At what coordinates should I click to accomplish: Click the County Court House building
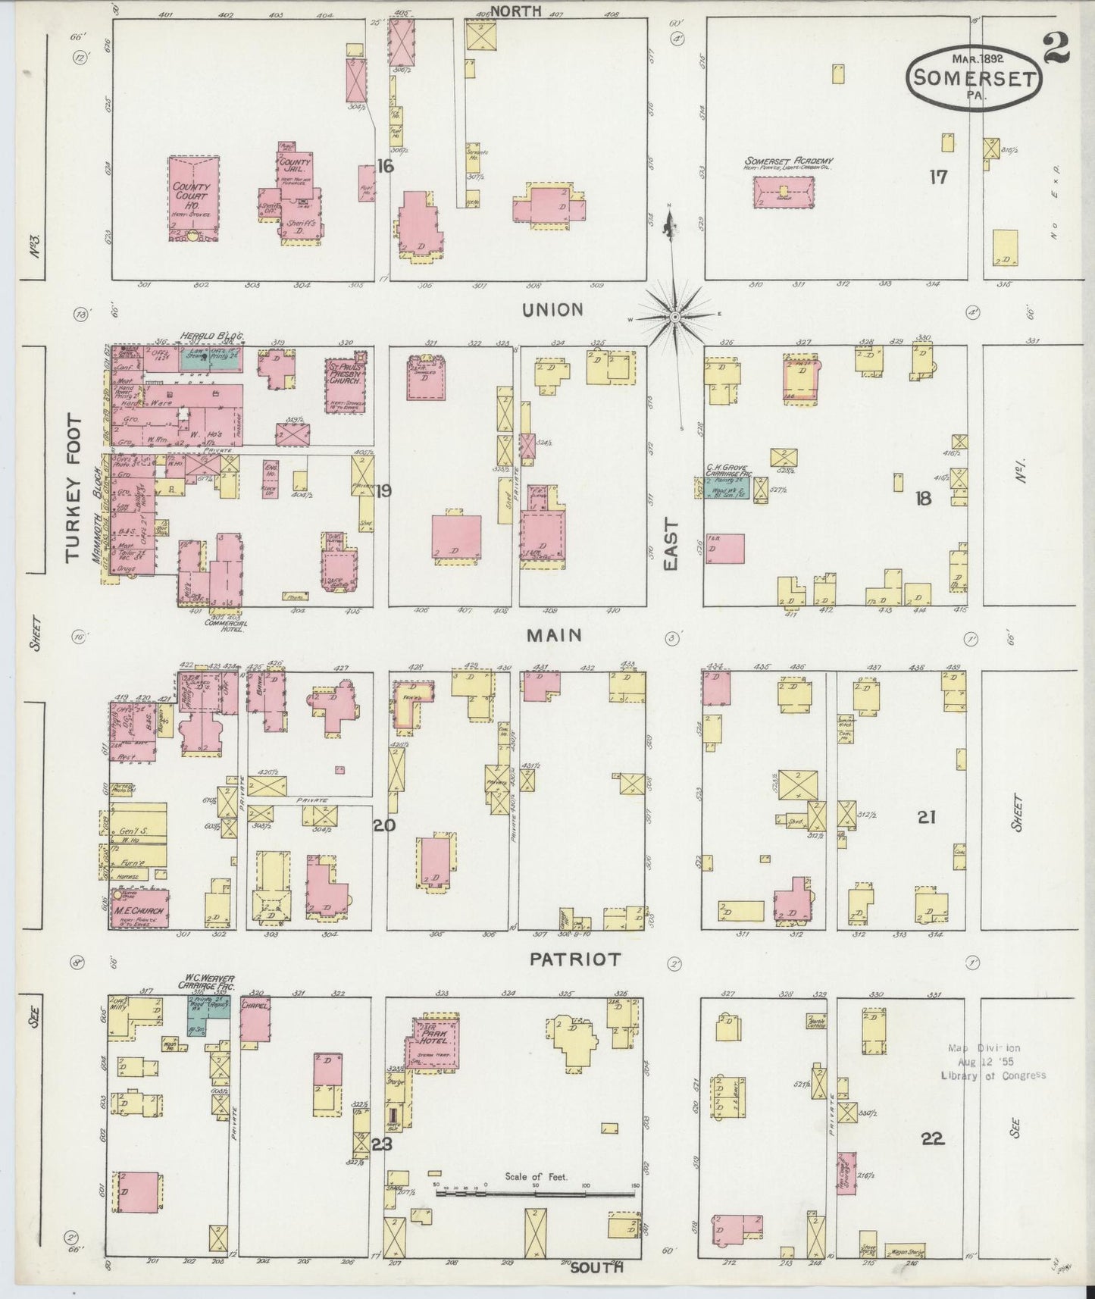[193, 199]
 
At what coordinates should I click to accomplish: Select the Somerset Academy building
[784, 192]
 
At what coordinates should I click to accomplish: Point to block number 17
[938, 177]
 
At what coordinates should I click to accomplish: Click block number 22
[933, 1138]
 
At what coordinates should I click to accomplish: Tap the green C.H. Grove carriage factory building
[726, 487]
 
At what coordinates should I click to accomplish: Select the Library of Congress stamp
[992, 1061]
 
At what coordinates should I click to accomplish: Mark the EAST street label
[671, 543]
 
